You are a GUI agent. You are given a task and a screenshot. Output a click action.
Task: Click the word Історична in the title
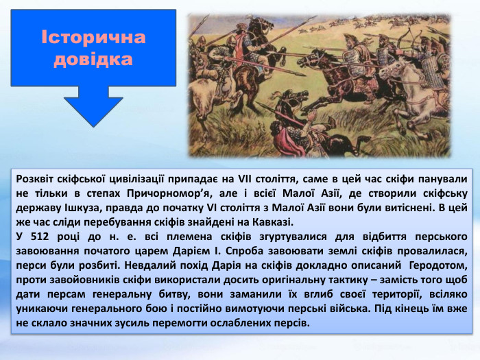pyautogui.click(x=93, y=37)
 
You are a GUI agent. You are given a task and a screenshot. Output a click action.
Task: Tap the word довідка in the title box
pyautogui.click(x=93, y=60)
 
